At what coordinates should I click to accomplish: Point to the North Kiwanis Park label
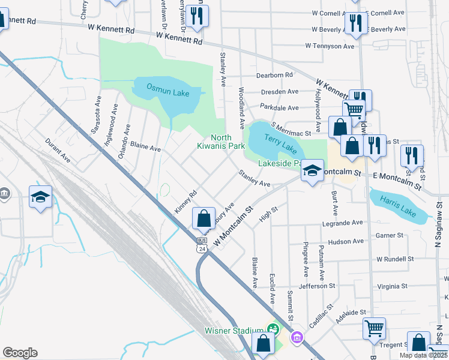tap(221, 142)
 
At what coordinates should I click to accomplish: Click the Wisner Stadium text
tap(234, 330)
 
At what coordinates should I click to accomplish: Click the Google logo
tap(20, 353)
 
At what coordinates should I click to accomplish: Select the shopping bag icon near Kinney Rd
tap(204, 218)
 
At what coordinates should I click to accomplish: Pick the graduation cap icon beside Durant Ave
tap(40, 197)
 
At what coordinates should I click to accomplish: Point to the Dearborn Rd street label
tap(274, 75)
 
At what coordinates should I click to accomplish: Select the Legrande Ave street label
tap(343, 223)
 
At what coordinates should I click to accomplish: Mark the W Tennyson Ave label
tap(330, 46)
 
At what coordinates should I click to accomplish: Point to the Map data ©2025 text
tap(424, 355)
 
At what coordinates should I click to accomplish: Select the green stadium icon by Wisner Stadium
tap(273, 329)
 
